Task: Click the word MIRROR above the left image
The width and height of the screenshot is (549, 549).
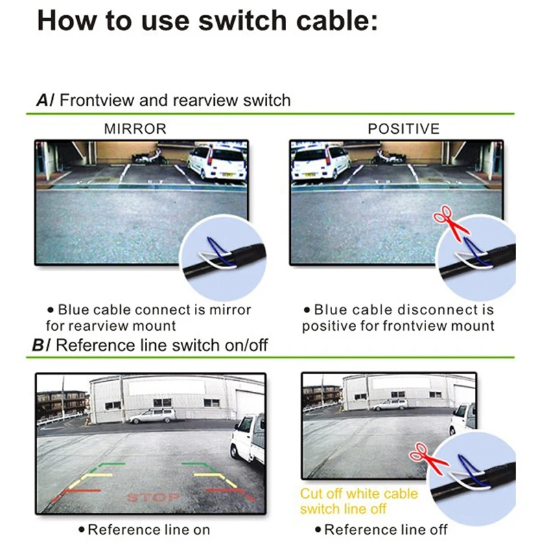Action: (x=135, y=129)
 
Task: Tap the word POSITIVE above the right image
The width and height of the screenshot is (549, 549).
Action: (x=404, y=129)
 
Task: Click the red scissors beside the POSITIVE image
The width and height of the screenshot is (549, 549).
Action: (x=451, y=223)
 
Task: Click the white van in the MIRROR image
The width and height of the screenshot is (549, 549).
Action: (x=218, y=163)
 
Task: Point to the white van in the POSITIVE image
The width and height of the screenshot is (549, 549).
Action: (x=320, y=163)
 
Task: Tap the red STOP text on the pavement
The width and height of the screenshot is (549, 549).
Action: (x=153, y=497)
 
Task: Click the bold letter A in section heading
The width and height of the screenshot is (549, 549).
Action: (x=43, y=100)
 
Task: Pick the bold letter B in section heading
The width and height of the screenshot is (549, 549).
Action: (x=38, y=345)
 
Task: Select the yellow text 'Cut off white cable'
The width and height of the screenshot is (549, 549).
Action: (x=359, y=493)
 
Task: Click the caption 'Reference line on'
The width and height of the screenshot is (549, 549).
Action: (x=145, y=530)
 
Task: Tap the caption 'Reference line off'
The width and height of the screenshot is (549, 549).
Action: (x=382, y=530)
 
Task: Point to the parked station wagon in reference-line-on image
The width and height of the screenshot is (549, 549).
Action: (x=152, y=416)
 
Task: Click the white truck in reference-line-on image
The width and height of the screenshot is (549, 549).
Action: (x=248, y=439)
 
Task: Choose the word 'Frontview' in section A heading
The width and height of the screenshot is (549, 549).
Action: (x=97, y=100)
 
